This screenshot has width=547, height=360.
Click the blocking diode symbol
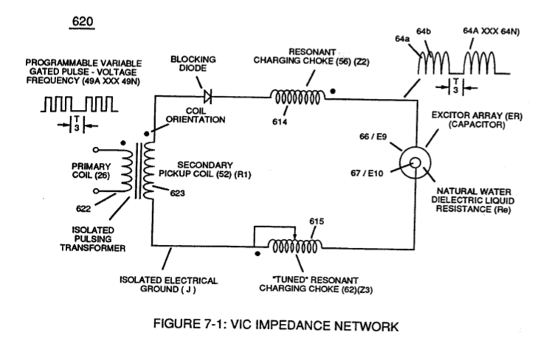(207, 96)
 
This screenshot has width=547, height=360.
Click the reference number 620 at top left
(83, 21)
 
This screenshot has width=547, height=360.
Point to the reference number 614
(280, 122)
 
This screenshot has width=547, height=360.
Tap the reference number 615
(317, 221)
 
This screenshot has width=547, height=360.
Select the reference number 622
(83, 209)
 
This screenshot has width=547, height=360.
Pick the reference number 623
(177, 193)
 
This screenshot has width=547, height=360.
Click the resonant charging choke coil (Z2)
(297, 97)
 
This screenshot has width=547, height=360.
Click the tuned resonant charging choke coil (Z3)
(295, 246)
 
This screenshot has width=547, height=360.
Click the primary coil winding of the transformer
(126, 170)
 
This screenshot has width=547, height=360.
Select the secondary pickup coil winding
(149, 170)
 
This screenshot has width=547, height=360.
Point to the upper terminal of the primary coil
(95, 150)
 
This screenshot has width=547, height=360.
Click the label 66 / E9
(373, 136)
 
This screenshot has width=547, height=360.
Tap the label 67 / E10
(367, 173)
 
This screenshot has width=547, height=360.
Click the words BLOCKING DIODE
(193, 63)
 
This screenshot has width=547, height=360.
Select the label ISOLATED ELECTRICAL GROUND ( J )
(168, 285)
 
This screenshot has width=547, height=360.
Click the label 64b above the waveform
(424, 32)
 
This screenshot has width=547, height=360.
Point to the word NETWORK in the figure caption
(366, 326)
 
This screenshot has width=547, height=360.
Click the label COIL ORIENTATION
(196, 115)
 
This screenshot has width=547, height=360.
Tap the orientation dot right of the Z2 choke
(333, 91)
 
